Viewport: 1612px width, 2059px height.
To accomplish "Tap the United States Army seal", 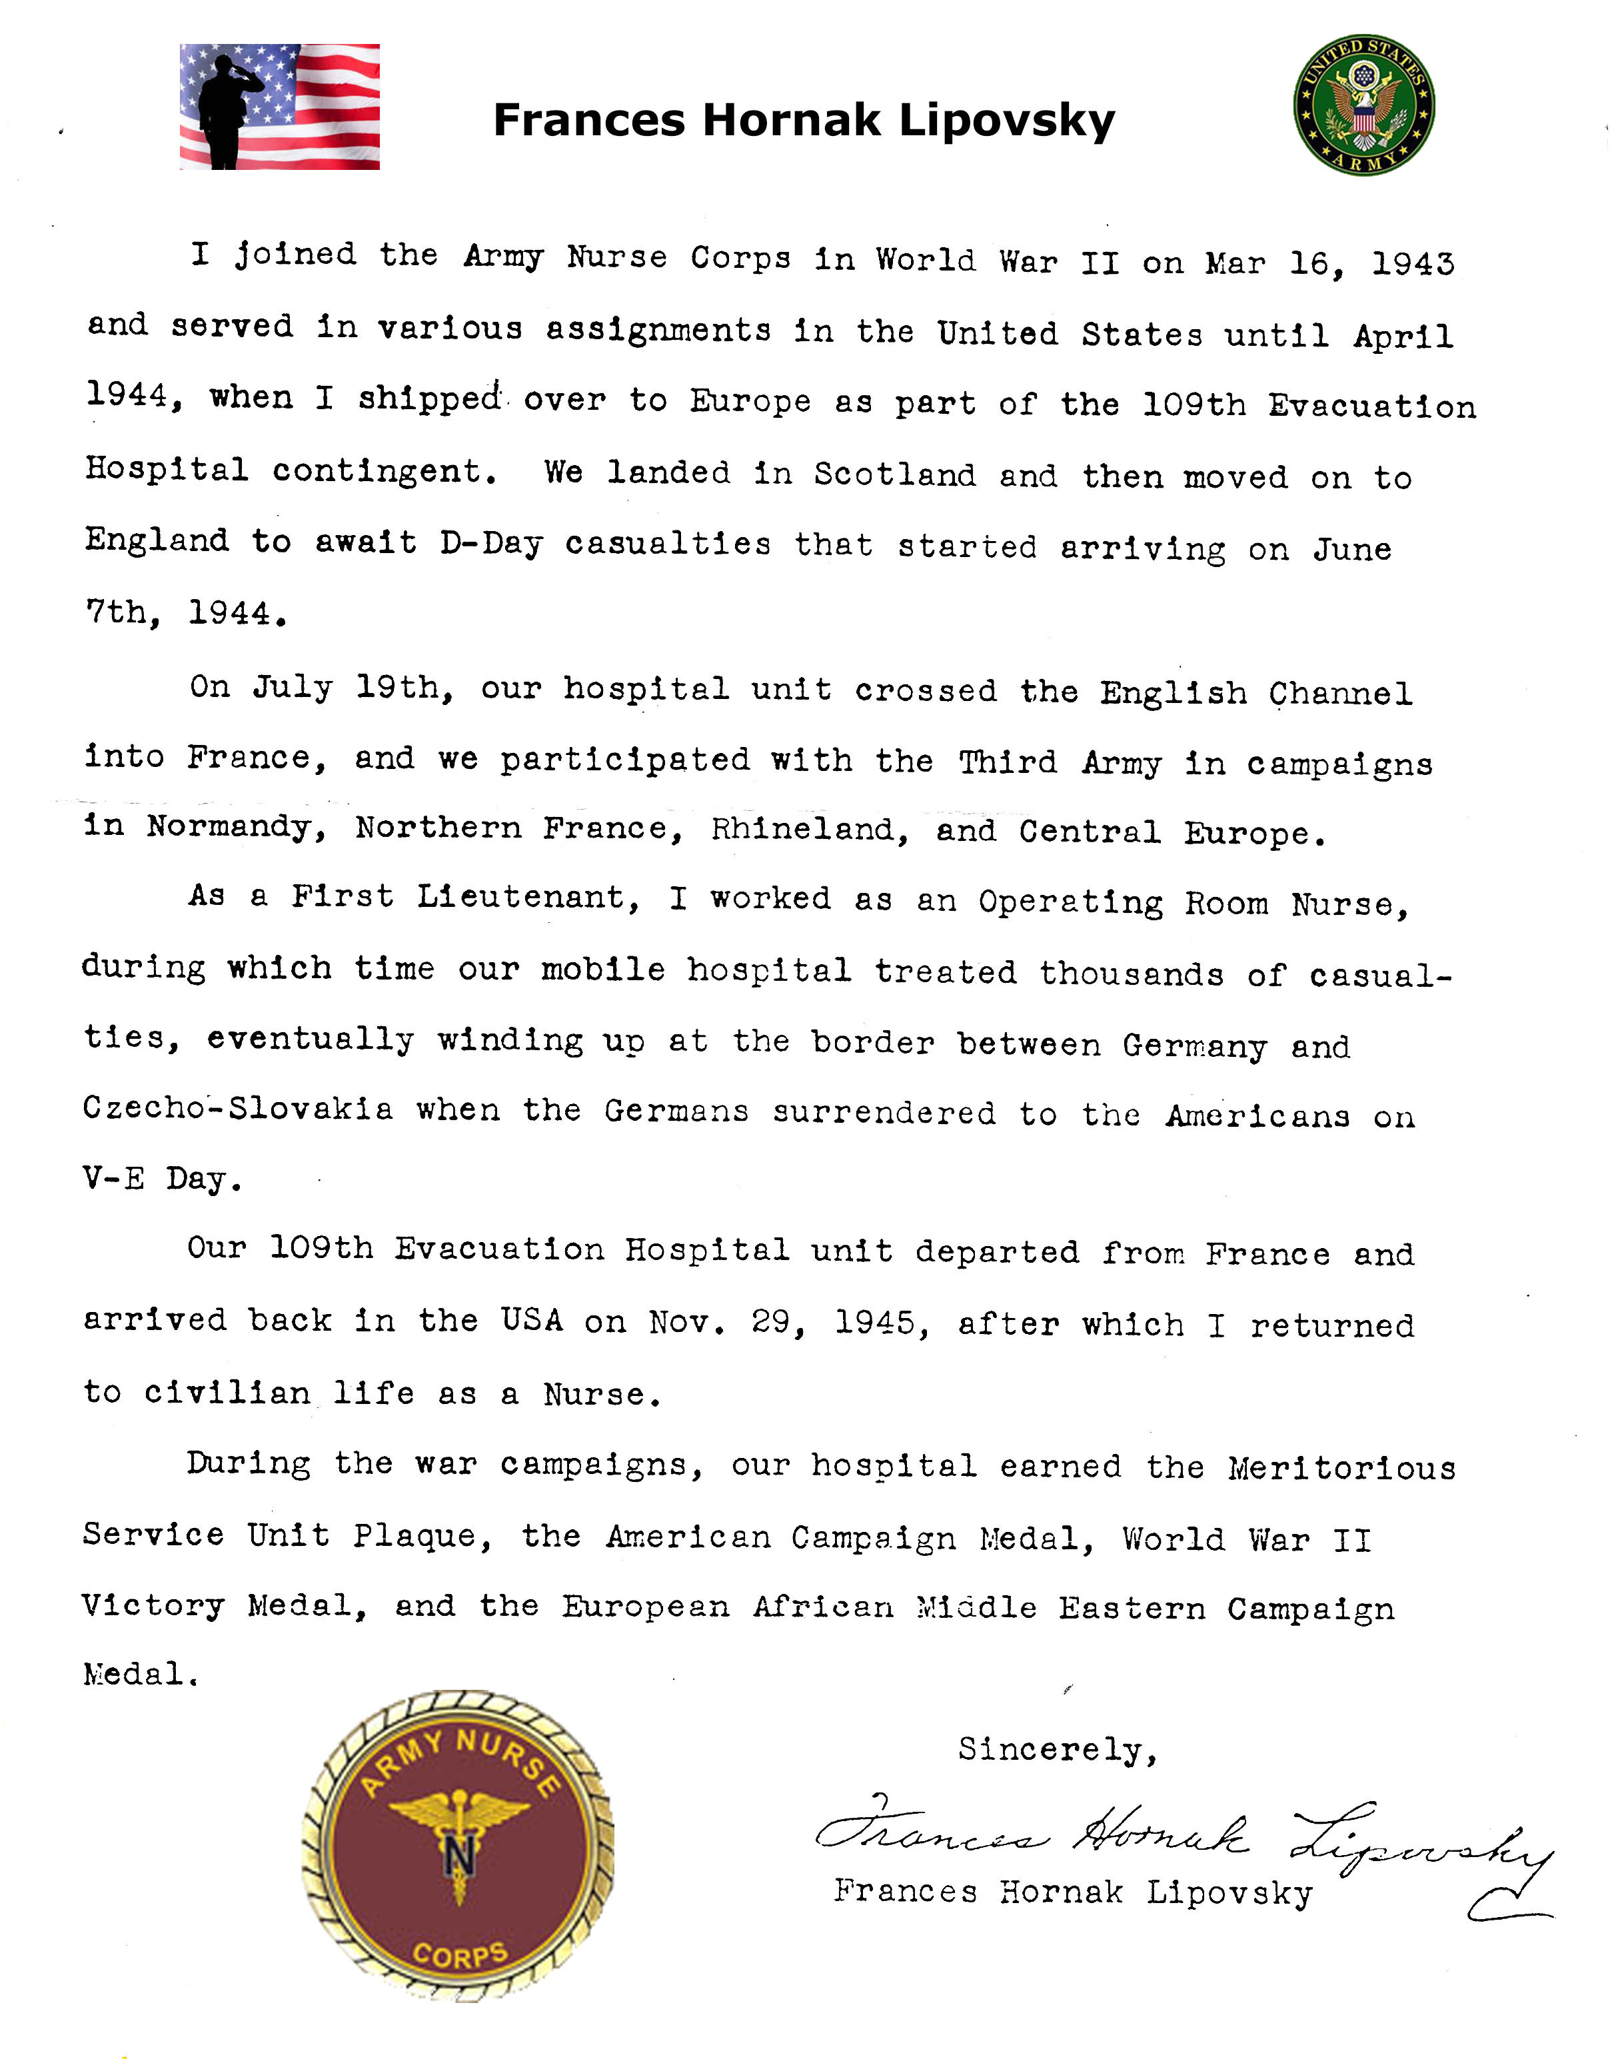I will coord(1364,105).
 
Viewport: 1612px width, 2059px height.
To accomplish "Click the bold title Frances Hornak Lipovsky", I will coord(804,121).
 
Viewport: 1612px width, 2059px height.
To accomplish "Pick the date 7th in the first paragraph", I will coord(123,613).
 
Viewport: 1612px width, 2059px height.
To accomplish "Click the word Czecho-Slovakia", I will coord(238,1108).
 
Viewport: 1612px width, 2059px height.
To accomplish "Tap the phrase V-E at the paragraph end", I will coord(113,1179).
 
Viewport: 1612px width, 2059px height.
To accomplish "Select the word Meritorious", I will coord(1341,1469).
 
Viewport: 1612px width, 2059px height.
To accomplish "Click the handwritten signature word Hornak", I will coord(1161,1835).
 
